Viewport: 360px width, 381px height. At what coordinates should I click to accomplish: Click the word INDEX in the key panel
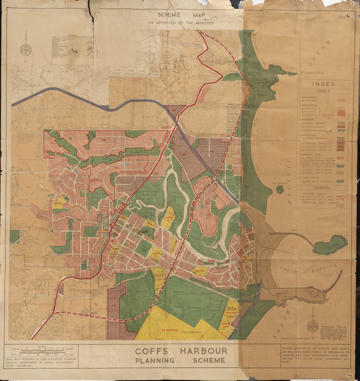point(323,85)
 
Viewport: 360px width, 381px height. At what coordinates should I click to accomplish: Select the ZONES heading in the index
point(323,91)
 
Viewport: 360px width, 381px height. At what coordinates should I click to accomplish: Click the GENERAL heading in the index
point(322,188)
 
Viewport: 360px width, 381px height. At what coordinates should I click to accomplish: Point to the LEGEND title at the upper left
point(72,36)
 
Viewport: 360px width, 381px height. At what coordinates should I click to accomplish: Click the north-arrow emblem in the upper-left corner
point(26,49)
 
